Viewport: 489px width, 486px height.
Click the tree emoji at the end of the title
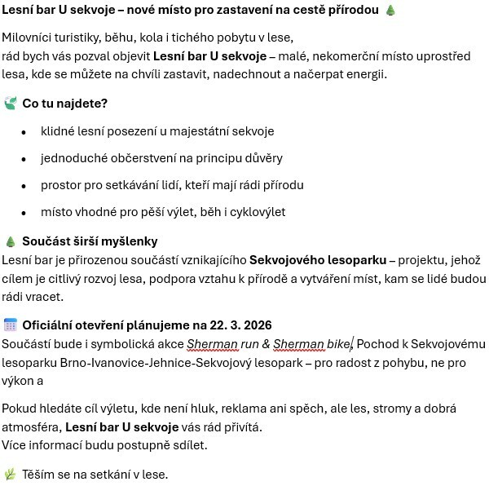click(390, 11)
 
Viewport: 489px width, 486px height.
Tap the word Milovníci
click(29, 38)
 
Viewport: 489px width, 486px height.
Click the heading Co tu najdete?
click(65, 104)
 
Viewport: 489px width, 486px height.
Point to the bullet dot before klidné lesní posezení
click(24, 132)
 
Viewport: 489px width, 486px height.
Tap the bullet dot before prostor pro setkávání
click(24, 186)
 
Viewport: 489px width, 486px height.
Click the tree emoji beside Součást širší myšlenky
click(11, 241)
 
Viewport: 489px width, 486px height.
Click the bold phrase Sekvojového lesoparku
click(317, 260)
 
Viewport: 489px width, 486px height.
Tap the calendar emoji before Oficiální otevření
click(11, 325)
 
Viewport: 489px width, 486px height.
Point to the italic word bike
click(337, 343)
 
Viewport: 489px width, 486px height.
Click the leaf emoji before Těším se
click(11, 474)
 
